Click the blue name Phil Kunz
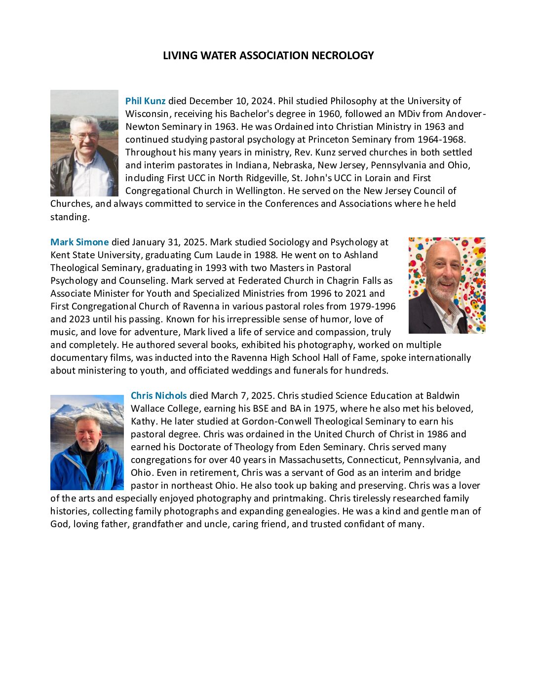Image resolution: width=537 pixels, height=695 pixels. coord(145,101)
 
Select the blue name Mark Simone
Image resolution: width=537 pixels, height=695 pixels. coord(79,242)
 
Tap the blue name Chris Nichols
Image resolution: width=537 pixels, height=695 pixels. coord(158,396)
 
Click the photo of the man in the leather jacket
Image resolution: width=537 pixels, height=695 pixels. coord(84,143)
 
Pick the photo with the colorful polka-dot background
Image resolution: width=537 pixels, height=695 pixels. coord(447,285)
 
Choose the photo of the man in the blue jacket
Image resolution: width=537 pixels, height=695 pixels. coord(87,442)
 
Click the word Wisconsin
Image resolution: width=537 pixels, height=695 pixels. coord(147,114)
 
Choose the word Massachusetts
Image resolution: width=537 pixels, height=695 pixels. coord(311,460)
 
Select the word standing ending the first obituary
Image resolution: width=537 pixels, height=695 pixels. coord(69,217)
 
